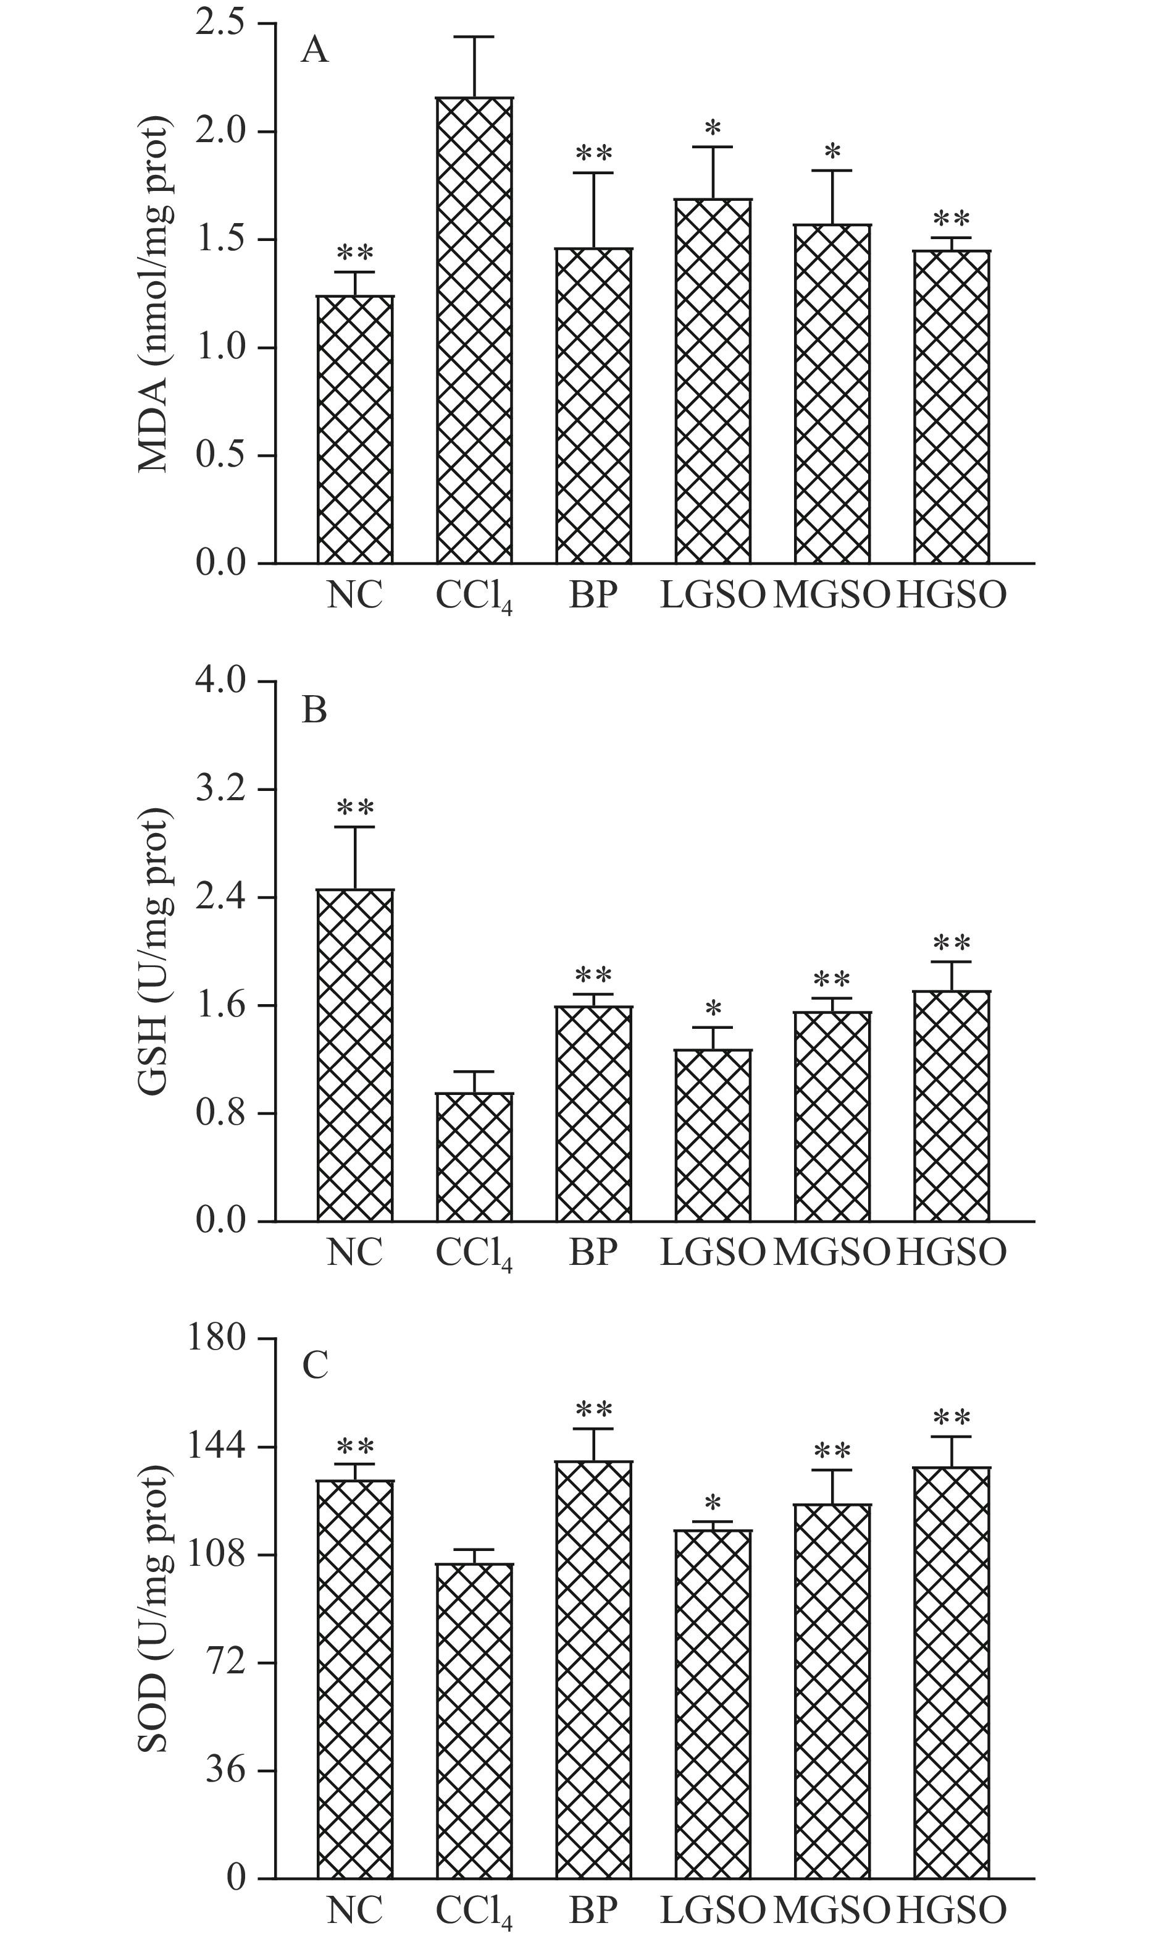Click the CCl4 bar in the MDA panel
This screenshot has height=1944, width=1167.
pyautogui.click(x=474, y=331)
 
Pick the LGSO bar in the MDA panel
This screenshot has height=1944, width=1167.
pyautogui.click(x=713, y=381)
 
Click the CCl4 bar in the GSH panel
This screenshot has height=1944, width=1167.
pyautogui.click(x=474, y=1157)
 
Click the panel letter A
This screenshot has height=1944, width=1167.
pyautogui.click(x=314, y=52)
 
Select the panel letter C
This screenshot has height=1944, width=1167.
pyautogui.click(x=314, y=1368)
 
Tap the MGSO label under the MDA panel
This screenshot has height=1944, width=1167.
pyautogui.click(x=832, y=596)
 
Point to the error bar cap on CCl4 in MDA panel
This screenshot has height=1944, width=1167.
pyautogui.click(x=474, y=37)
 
